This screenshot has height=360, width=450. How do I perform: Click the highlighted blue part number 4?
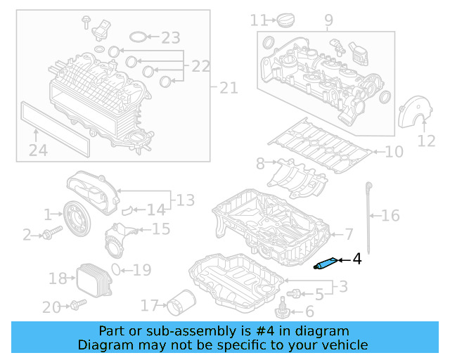point(325,264)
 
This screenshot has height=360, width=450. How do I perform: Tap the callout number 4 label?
point(356,260)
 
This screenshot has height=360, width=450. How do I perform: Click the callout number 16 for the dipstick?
point(390,216)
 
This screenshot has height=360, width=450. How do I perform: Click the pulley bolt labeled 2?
point(48,234)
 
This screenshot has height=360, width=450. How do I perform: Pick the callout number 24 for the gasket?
point(38,150)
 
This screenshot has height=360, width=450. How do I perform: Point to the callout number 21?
point(229,88)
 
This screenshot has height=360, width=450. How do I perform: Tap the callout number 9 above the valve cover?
point(329,21)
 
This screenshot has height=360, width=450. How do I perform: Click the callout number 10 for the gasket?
point(394,151)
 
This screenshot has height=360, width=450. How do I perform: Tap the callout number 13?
point(185,201)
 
